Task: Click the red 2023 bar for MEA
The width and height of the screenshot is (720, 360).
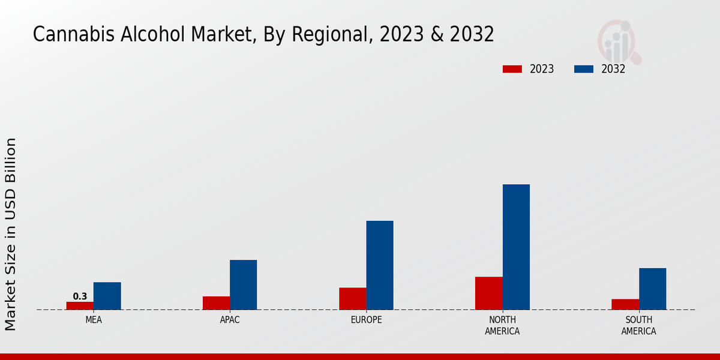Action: pyautogui.click(x=80, y=305)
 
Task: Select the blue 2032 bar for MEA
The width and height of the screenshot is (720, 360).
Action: pyautogui.click(x=107, y=296)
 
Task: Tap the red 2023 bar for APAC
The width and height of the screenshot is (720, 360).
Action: pyautogui.click(x=216, y=303)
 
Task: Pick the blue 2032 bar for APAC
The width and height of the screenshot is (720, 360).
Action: pyautogui.click(x=243, y=284)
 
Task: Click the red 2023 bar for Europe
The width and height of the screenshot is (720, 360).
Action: pyautogui.click(x=352, y=298)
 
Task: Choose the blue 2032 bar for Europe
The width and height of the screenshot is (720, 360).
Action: pyautogui.click(x=380, y=265)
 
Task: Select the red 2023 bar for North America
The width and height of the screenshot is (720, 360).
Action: pyautogui.click(x=488, y=293)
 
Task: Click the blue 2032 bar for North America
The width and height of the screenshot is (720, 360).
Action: pyautogui.click(x=516, y=247)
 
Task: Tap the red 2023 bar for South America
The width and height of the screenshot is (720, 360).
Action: pyautogui.click(x=625, y=304)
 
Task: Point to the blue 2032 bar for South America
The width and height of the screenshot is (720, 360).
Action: pyautogui.click(x=652, y=289)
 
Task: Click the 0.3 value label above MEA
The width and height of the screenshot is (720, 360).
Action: pyautogui.click(x=80, y=296)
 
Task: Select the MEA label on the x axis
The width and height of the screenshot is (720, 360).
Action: pyautogui.click(x=94, y=320)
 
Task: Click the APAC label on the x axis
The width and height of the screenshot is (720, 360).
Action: pyautogui.click(x=230, y=320)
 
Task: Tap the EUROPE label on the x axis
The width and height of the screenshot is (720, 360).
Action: pyautogui.click(x=366, y=320)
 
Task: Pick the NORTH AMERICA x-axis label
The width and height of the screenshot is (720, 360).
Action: pyautogui.click(x=502, y=325)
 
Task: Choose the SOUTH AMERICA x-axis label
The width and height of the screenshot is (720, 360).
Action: pyautogui.click(x=638, y=325)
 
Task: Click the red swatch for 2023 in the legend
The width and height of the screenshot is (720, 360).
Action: pyautogui.click(x=512, y=69)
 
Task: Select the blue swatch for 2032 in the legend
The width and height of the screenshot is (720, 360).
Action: pyautogui.click(x=583, y=69)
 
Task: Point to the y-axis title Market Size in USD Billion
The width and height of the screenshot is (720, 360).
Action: pyautogui.click(x=11, y=234)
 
